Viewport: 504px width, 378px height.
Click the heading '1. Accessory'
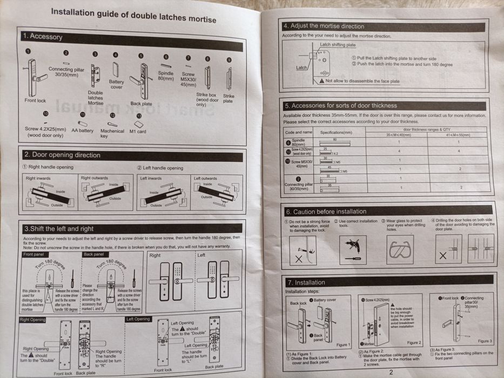point(43,37)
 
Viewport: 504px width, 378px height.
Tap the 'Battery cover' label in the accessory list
point(117,84)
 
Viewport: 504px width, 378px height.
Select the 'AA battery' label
point(82,131)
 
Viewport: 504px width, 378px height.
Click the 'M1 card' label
point(138,131)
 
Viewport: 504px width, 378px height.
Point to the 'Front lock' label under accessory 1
point(35,100)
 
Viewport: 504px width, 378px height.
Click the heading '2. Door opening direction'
point(62,155)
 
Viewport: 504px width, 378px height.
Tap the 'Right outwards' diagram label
point(94,178)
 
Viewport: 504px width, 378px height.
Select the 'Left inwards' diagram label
point(151,178)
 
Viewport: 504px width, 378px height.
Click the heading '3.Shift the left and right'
point(58,229)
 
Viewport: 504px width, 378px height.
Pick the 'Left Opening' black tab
point(138,319)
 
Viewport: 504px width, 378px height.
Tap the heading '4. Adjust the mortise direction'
point(324,26)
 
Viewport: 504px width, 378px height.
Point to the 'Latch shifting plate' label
point(338,45)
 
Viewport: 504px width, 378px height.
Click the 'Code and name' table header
point(299,132)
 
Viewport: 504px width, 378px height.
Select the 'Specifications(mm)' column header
point(336,132)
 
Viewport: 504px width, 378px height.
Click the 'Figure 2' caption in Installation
point(414,342)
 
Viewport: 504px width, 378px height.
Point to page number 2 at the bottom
point(391,372)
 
